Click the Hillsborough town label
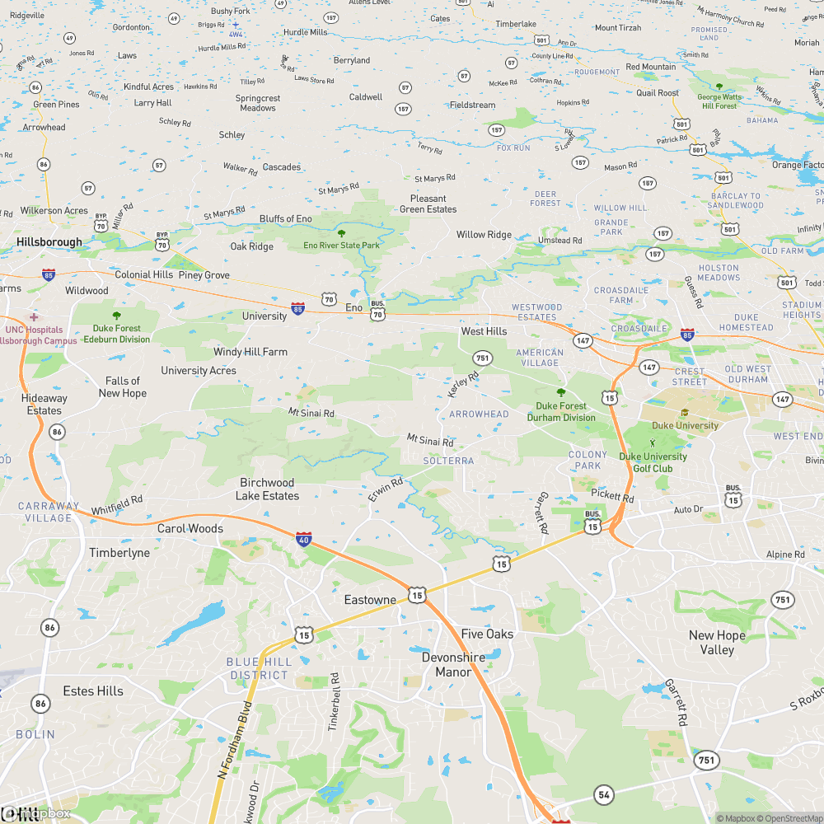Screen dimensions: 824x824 tap(49, 242)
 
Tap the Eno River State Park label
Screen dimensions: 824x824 tap(342, 246)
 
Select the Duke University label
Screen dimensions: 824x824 tap(685, 425)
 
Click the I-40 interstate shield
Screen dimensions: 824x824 tap(304, 539)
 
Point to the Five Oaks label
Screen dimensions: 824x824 tap(487, 634)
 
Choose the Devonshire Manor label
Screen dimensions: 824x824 tap(453, 664)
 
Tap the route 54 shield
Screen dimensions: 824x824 tap(605, 794)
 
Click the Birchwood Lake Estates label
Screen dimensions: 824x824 tap(267, 489)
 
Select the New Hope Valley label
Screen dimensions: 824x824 tap(717, 642)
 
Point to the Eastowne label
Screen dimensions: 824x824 tap(370, 600)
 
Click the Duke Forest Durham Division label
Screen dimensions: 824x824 tap(561, 411)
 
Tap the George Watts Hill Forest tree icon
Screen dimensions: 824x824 tap(719, 87)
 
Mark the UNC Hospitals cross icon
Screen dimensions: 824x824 tap(34, 317)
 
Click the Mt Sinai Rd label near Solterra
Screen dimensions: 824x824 tap(430, 441)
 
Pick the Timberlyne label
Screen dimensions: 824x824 tap(119, 553)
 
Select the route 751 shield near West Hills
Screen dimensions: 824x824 tap(482, 358)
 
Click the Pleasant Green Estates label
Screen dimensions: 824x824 tap(428, 204)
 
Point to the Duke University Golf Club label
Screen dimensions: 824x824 tap(653, 462)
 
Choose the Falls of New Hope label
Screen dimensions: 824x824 tap(123, 386)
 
